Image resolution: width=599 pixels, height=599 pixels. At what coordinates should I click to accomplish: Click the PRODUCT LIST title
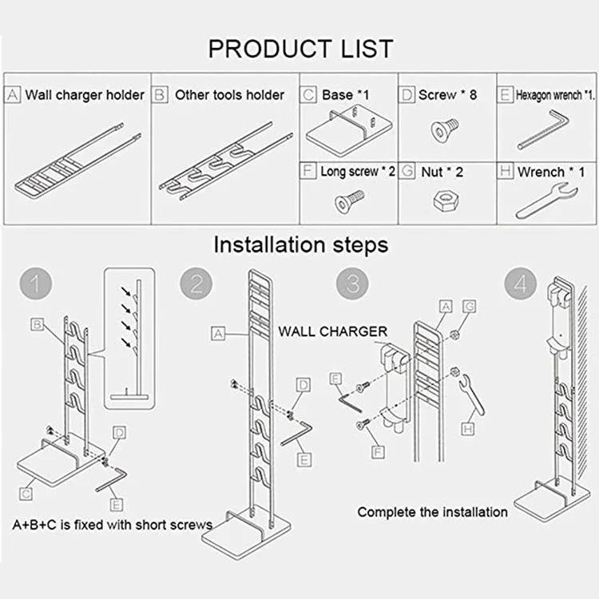pos(300,49)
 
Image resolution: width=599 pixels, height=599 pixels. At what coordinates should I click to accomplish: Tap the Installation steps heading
pos(300,244)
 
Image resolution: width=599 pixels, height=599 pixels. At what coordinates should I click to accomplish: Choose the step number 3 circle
pos(352,284)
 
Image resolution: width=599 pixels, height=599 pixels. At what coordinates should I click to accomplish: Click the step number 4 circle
pos(521,284)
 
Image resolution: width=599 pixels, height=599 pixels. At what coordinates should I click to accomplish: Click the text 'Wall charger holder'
pos(85,95)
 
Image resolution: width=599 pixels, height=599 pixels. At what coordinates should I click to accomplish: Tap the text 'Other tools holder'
pos(229,95)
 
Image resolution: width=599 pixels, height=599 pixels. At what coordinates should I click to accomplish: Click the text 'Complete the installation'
pos(432,512)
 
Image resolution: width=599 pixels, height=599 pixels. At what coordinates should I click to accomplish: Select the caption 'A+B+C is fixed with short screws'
pos(112,525)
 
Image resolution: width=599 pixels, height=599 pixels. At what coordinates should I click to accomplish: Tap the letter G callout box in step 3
pos(469,306)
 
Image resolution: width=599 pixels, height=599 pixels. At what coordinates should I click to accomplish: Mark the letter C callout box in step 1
pos(27,494)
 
